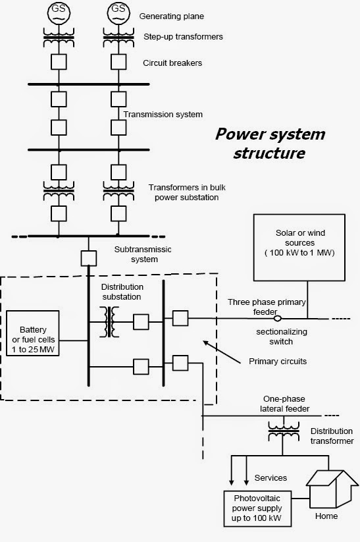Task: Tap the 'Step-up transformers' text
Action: (x=182, y=37)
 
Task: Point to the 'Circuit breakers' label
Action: (x=173, y=63)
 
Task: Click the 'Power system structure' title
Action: (x=270, y=143)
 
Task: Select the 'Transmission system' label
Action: (x=163, y=114)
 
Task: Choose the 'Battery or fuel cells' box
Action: (x=34, y=340)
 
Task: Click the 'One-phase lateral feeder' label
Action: (x=281, y=403)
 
